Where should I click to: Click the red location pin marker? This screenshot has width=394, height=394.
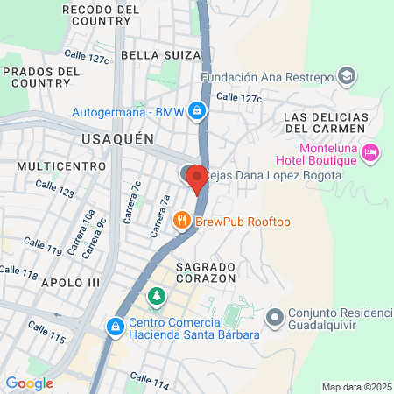(x=197, y=178)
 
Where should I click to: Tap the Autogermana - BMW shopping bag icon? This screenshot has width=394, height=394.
(x=199, y=111)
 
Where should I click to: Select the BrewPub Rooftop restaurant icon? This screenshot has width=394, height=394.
(x=183, y=222)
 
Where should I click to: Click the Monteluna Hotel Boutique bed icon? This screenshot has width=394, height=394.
(x=370, y=152)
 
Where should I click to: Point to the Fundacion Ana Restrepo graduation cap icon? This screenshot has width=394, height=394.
(x=347, y=76)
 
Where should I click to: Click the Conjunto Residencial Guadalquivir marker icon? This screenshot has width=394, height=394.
(x=273, y=315)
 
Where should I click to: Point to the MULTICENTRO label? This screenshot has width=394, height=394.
(x=54, y=165)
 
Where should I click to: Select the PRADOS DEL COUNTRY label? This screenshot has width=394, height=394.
(x=39, y=76)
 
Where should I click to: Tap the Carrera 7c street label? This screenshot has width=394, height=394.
(x=135, y=202)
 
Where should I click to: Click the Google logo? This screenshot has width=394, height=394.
(x=29, y=383)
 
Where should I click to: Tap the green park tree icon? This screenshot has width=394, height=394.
(x=157, y=296)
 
